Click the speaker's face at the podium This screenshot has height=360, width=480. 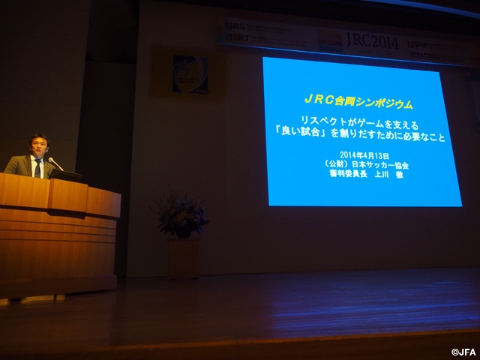tap(37, 145)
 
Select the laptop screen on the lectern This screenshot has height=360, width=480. tap(66, 175)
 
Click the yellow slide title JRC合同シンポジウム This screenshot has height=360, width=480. tap(359, 104)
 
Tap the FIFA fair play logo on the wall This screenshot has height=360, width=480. tap(190, 73)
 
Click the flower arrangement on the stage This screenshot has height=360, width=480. tap(180, 214)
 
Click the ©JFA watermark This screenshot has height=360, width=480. tap(463, 352)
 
